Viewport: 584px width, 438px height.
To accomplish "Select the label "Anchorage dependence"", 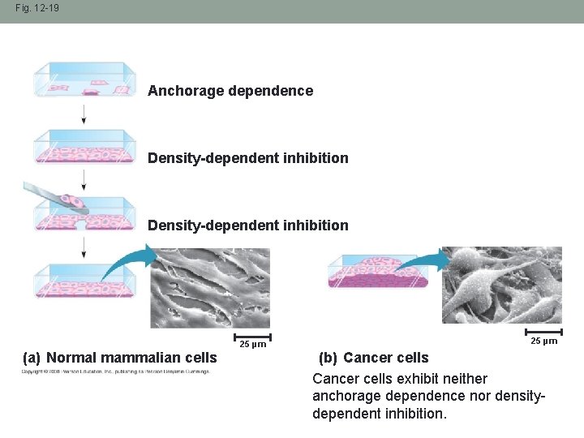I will (x=230, y=91).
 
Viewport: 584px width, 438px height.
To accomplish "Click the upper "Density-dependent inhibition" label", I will (x=247, y=158).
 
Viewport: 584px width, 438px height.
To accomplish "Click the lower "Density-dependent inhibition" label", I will (x=247, y=225).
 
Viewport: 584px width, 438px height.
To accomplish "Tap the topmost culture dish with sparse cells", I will (x=84, y=80).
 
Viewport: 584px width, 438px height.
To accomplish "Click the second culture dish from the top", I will (x=84, y=147).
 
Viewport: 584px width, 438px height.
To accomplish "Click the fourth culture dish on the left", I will (x=84, y=281).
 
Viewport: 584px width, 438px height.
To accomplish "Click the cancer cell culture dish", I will (x=378, y=272).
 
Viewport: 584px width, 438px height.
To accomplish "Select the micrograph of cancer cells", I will (x=501, y=285).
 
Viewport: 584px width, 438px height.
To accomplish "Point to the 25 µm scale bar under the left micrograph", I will (x=252, y=336).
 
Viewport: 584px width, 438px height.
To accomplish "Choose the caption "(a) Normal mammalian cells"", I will (x=120, y=358).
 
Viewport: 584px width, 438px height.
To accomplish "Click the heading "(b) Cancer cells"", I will (x=373, y=358).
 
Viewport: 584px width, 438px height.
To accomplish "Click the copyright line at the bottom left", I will (x=114, y=372).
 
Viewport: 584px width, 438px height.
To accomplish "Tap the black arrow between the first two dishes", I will (x=84, y=114).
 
